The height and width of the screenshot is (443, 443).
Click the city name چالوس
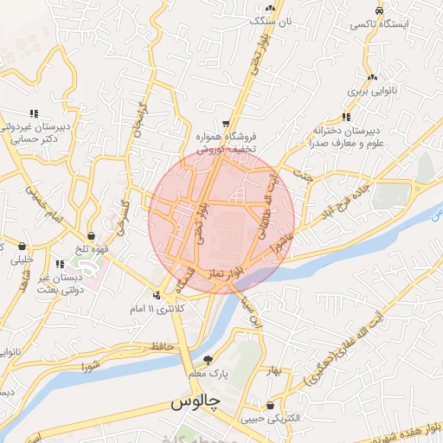[x=196, y=403]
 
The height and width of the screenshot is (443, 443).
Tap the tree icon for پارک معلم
[x=207, y=360]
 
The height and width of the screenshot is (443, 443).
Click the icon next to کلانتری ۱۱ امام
[x=156, y=294]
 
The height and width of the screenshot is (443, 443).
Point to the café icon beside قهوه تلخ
[x=91, y=235]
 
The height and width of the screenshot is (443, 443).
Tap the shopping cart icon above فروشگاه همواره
[x=226, y=123]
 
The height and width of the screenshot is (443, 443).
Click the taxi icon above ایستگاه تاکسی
[x=379, y=10]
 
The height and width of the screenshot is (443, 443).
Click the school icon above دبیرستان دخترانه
[x=346, y=117]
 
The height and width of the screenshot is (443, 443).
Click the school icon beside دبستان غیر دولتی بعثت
[x=59, y=265]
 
